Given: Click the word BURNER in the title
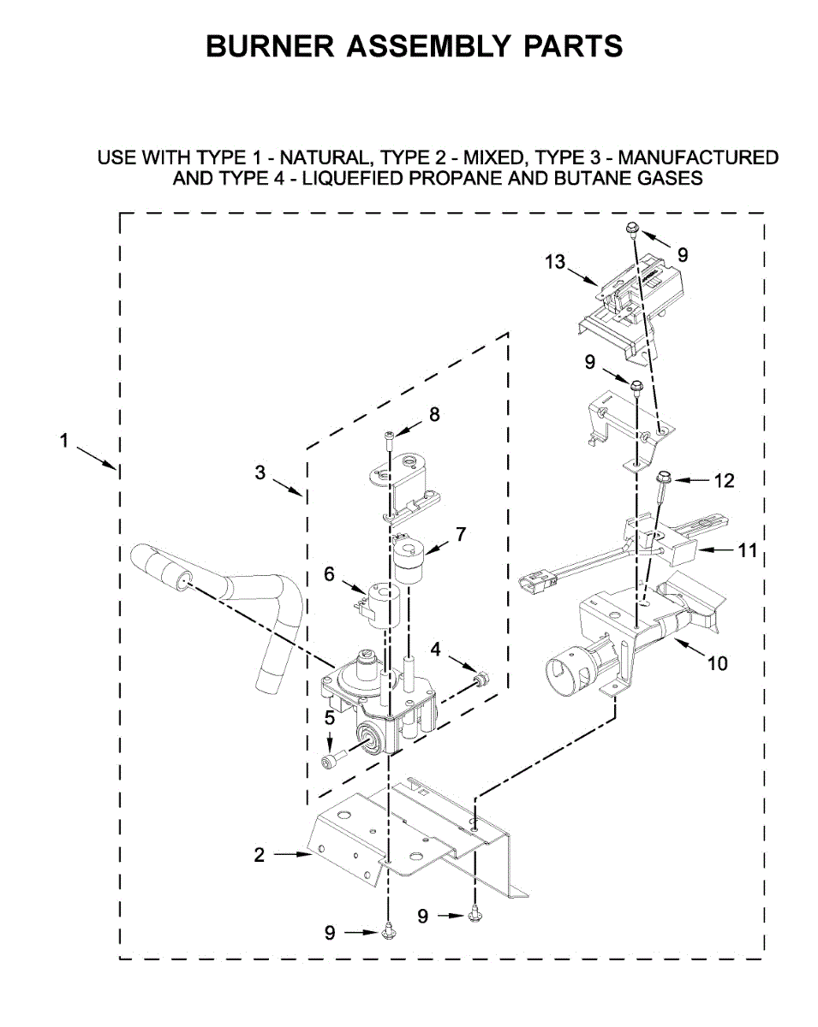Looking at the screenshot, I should coord(271,46).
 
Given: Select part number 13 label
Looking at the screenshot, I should coord(555,261).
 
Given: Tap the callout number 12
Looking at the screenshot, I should coord(724,481).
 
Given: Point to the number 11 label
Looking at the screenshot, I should coord(749,549).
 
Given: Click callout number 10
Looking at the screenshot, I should coord(717,662).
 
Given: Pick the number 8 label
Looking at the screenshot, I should coord(434,414).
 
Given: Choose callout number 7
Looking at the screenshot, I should coord(461,534).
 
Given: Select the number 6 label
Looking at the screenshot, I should coord(329,574).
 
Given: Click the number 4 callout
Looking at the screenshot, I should coord(436,650).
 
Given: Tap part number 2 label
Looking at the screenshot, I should coord(259,854).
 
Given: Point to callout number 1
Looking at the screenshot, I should coord(63,442).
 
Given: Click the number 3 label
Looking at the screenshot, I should coord(260,472).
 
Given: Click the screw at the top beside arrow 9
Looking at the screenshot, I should coord(630,228).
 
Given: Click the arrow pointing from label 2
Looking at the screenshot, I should coord(292,854).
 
